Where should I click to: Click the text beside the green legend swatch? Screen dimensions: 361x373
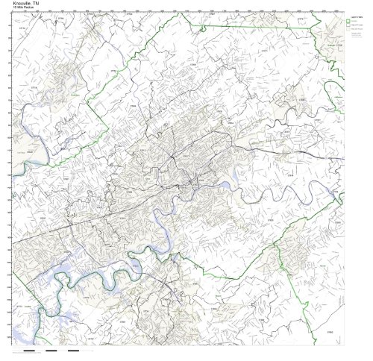click(x=358, y=21)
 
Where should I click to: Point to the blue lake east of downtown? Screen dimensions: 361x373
click(x=238, y=178)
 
